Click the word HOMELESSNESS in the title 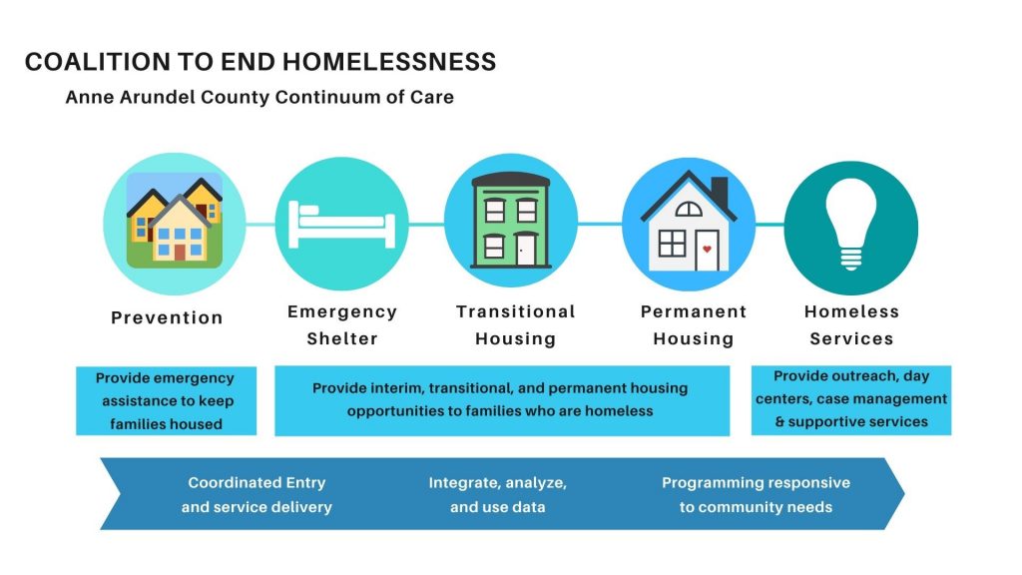coord(389,62)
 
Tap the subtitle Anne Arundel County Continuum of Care coord(259,97)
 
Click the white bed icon coord(341,225)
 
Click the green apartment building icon coord(511,221)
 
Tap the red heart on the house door coord(707,249)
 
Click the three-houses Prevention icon coord(174,221)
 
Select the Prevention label coord(167,317)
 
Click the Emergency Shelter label coord(342,324)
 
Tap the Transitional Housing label coord(516,324)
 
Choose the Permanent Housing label coord(694,324)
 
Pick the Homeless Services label coord(851,324)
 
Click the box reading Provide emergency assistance coord(167,400)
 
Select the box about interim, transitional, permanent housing coord(502,400)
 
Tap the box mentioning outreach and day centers coord(851,399)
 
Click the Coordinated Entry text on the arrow coord(256,495)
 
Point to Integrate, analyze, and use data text coord(497,495)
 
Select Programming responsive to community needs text coord(757,495)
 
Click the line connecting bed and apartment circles coord(426,225)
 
